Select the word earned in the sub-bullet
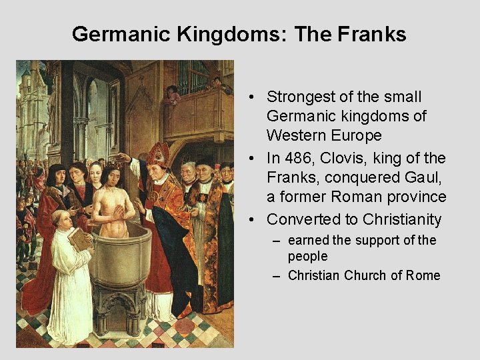pos(309,240)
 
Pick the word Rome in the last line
pos(423,275)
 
